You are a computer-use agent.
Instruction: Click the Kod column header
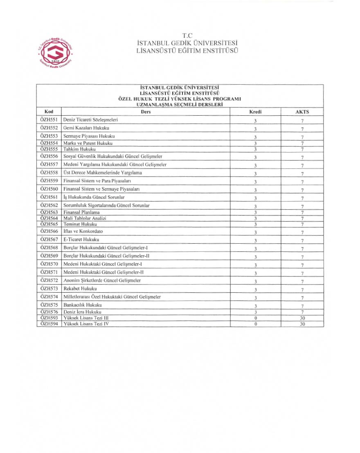[49, 111]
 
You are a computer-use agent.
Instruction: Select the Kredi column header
[255, 112]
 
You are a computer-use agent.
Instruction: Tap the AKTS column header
[302, 112]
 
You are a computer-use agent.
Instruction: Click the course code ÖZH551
[49, 120]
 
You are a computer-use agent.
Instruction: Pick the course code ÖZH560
[49, 189]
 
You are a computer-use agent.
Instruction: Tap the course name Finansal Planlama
[81, 212]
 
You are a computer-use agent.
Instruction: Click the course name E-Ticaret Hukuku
[81, 240]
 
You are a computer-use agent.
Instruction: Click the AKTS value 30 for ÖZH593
[302, 318]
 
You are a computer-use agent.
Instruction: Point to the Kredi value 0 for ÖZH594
[255, 324]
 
